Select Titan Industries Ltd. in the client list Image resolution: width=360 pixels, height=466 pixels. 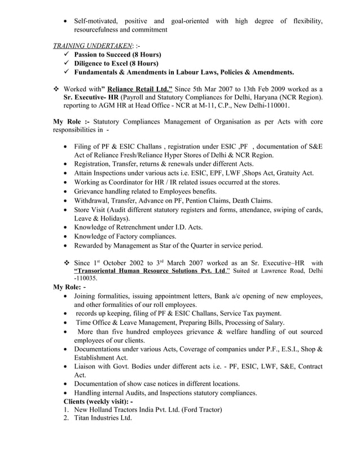pos(103,418)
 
